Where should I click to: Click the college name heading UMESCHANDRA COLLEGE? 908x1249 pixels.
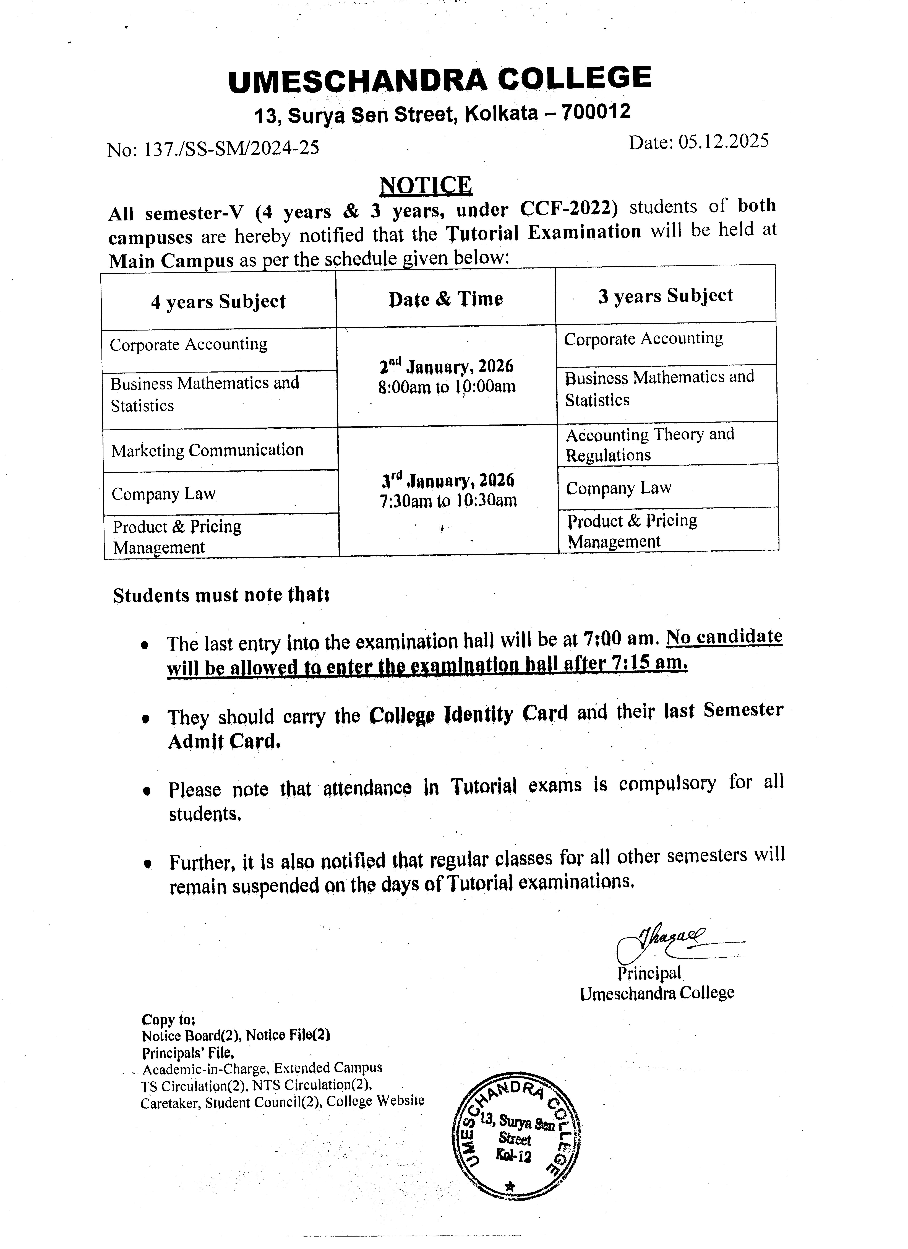(x=439, y=78)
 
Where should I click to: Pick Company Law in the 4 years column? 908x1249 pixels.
(x=164, y=493)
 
